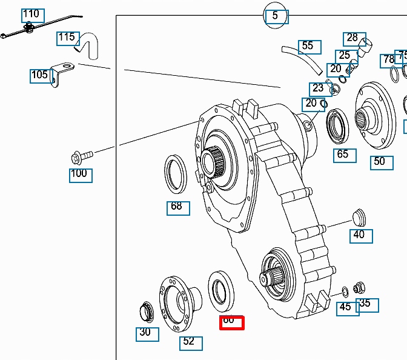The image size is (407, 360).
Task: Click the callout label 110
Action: coord(31,14)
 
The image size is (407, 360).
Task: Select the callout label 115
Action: coord(67,38)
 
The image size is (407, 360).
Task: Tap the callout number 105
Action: coord(40,75)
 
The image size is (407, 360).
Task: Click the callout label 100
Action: coord(79,175)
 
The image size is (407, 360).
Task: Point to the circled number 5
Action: coord(276,16)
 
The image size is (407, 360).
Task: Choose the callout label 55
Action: coord(308,46)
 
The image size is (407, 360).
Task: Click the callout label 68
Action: coord(177,207)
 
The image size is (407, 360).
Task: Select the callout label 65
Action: coord(343,155)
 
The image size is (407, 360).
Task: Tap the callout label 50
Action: coord(380,162)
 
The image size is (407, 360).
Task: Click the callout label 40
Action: coord(360,235)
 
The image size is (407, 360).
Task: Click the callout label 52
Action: coord(190,342)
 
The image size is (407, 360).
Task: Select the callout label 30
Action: coord(145,333)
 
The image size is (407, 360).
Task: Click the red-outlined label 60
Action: coord(230,322)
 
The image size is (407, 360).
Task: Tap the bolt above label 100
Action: coord(81,157)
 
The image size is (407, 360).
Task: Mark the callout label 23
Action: coord(318,88)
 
